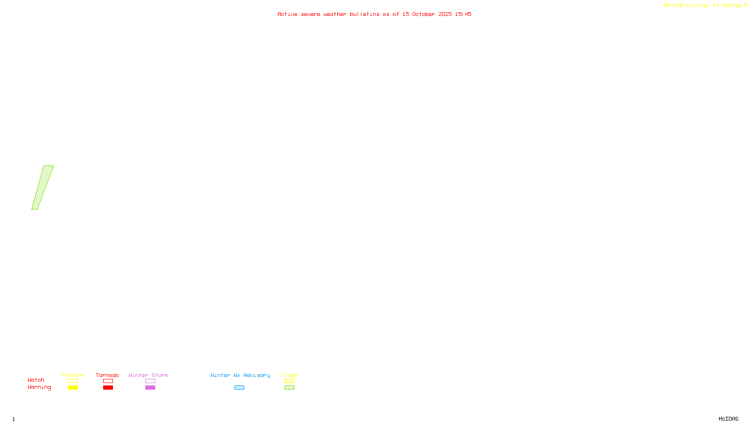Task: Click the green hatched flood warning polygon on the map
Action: [x=43, y=188]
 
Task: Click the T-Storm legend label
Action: [x=72, y=375]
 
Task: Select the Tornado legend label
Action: [x=107, y=375]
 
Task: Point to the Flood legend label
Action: [x=289, y=375]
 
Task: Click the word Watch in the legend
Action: [x=36, y=380]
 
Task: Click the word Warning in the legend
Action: [x=39, y=387]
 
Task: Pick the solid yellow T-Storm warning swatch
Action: [x=73, y=388]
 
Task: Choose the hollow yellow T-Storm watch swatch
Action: [x=73, y=381]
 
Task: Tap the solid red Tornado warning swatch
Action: [x=108, y=388]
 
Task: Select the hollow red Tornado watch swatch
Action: [x=108, y=381]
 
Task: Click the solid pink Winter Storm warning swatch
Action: [x=150, y=388]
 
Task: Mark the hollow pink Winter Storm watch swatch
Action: [x=150, y=381]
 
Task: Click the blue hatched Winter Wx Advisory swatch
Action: [x=239, y=388]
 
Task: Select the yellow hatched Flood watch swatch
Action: [x=289, y=381]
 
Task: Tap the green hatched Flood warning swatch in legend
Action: [x=289, y=388]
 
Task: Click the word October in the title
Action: [x=424, y=14]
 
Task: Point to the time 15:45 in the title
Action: [x=463, y=14]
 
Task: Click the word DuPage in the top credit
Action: [x=732, y=6]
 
